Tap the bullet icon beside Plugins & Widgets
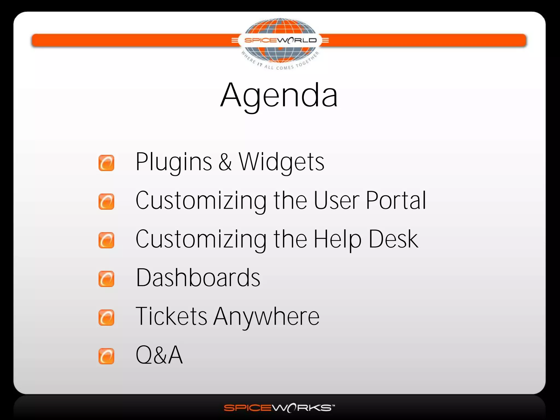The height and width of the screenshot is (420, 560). coord(106,163)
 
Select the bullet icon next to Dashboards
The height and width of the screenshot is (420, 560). coord(106,279)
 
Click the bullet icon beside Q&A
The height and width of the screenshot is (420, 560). coord(106,356)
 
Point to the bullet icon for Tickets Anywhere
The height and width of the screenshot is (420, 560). coord(106,317)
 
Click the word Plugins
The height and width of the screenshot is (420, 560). coord(174,162)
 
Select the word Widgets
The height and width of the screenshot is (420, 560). coord(282,162)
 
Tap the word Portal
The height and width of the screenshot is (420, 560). coord(396,200)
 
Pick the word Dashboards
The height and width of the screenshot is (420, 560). coord(198,278)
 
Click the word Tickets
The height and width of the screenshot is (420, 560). coord(171,316)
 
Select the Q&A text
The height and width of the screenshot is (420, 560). coord(159,355)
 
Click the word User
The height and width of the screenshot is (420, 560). coord(337,200)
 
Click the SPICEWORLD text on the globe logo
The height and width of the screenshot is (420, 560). coord(280,40)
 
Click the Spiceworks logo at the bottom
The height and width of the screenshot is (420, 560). coord(279,408)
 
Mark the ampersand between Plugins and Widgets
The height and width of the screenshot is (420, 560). coord(225,162)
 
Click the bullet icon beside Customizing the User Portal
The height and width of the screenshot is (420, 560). coord(106,202)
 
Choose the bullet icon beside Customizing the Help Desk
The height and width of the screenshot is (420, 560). coord(106,240)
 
